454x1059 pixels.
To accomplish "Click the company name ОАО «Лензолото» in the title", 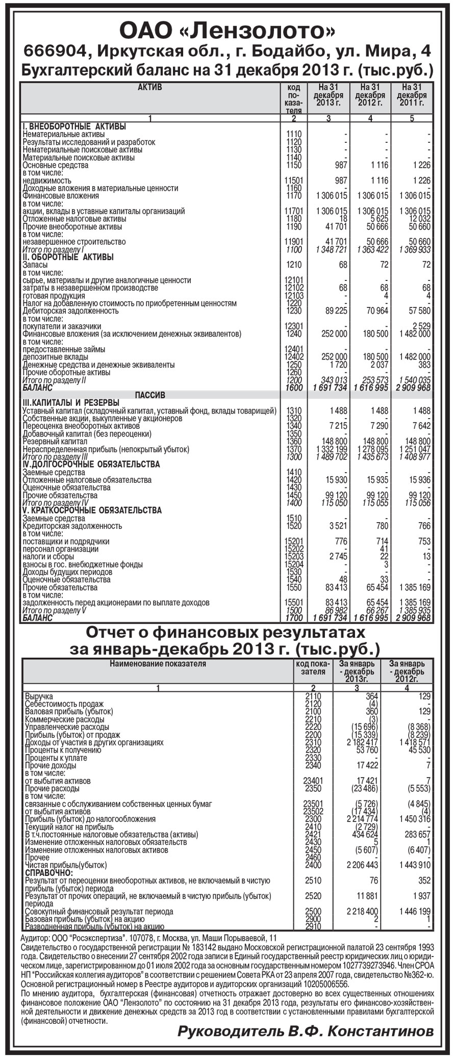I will tap(227, 31).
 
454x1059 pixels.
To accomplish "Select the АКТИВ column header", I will tap(150, 87).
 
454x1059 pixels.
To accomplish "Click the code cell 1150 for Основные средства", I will tap(294, 165).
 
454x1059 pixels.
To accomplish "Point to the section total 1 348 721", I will tap(332, 249).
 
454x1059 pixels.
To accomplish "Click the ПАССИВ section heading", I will tap(150, 395).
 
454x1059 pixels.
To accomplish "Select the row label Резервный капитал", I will tap(55, 442).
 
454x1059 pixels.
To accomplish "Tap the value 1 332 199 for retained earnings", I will tap(332, 449).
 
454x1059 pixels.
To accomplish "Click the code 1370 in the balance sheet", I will tap(294, 449).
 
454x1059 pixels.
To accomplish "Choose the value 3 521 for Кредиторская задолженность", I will tap(338, 526).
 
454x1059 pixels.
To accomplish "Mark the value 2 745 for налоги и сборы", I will tap(338, 556).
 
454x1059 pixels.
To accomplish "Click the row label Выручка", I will tap(39, 696).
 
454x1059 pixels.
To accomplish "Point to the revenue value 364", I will tap(371, 696).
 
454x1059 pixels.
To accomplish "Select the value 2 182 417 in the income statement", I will tap(362, 742).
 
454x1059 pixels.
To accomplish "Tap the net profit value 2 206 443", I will tap(362, 865).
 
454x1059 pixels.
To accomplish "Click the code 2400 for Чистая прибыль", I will tap(313, 865).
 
